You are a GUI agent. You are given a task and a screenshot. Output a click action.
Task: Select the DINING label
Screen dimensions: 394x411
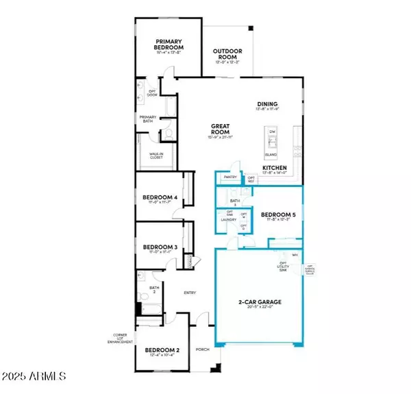pos(286,104)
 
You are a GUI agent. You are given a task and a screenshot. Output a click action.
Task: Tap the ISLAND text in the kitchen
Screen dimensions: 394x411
pos(271,154)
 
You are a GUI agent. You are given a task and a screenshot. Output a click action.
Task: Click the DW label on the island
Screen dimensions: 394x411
pos(272,132)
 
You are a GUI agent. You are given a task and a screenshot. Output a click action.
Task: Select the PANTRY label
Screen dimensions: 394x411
pos(230,177)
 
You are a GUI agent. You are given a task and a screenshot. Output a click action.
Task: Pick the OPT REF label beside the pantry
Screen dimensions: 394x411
pos(251,179)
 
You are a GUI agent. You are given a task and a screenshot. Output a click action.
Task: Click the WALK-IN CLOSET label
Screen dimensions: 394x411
pos(151,156)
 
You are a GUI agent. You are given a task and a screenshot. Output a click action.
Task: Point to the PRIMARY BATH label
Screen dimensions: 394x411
pos(149,117)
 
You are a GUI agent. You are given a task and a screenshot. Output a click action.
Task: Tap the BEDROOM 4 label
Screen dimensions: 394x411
pos(160,198)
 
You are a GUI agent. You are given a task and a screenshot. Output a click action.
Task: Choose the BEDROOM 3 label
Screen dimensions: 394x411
pos(160,247)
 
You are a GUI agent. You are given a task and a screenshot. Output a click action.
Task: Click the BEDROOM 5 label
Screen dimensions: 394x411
pos(278,214)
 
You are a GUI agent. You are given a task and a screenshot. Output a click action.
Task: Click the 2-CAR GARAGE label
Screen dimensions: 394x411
pos(260,301)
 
